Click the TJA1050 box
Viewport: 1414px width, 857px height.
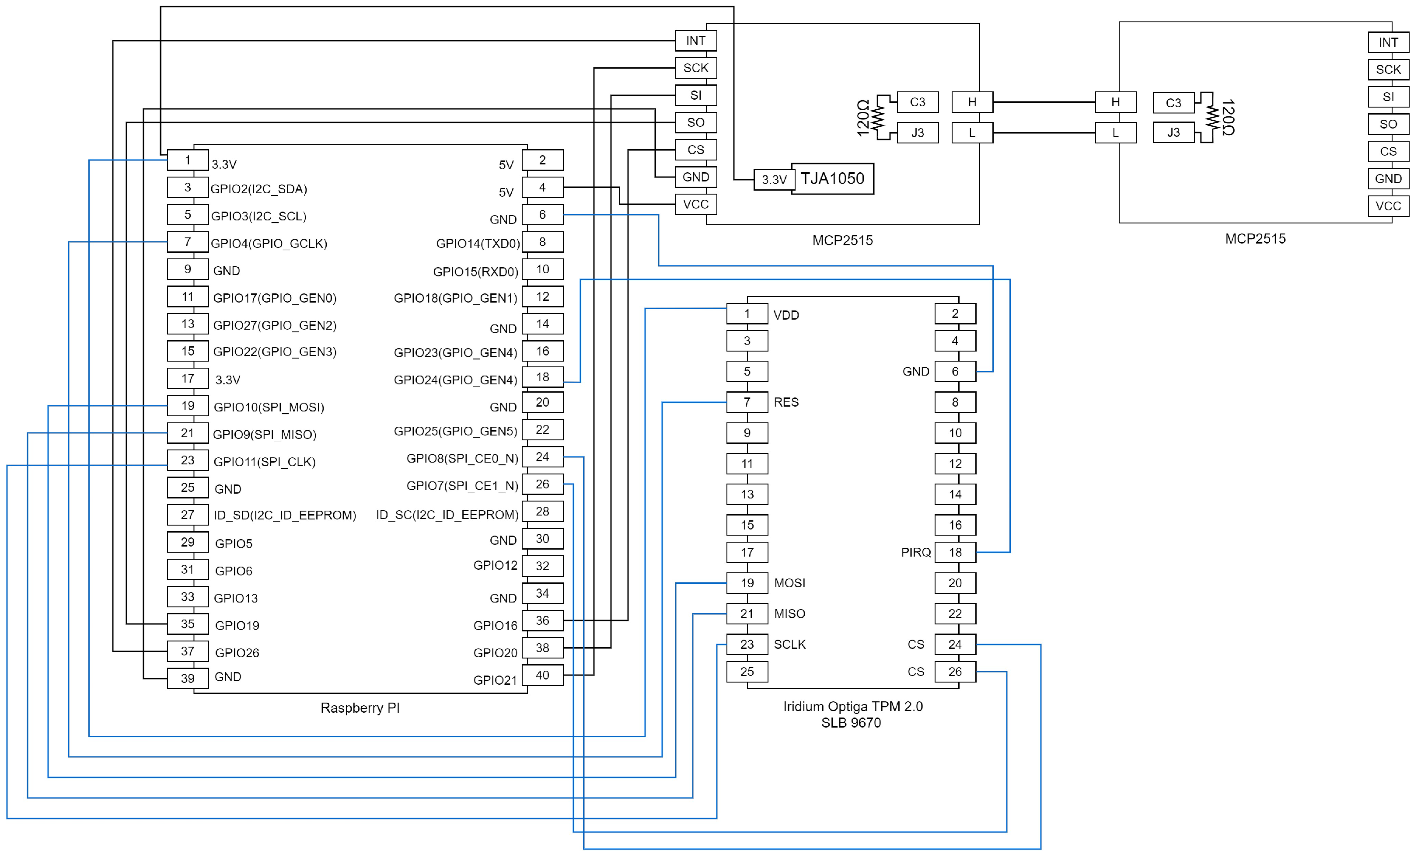point(832,179)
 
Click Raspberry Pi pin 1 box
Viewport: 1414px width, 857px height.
point(188,160)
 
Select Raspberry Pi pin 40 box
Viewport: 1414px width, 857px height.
point(542,675)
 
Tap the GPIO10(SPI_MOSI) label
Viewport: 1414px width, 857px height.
point(269,407)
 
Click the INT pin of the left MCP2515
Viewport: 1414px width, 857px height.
point(695,41)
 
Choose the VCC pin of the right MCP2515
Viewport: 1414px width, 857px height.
point(1388,206)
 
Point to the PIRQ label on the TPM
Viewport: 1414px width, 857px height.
point(915,552)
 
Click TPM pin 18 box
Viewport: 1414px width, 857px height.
point(955,552)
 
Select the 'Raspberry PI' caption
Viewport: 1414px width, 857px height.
point(360,708)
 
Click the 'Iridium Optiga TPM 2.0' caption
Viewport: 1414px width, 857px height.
point(853,706)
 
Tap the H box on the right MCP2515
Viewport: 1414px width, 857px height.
point(1115,102)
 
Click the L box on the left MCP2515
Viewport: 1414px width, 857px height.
point(971,133)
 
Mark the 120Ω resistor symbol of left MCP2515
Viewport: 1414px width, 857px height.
point(877,118)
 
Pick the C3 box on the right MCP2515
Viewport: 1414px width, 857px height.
point(1173,103)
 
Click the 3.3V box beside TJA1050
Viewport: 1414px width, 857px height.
point(774,180)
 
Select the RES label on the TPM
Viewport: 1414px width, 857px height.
point(786,402)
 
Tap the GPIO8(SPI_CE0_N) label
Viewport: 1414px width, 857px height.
point(462,458)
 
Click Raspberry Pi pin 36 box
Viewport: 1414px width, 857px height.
point(542,620)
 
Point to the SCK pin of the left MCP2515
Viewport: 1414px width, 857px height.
point(695,68)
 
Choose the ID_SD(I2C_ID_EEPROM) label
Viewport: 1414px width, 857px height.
point(285,515)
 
